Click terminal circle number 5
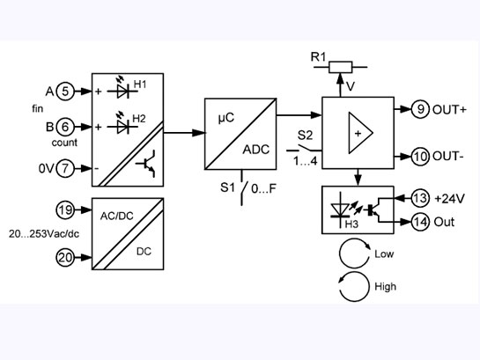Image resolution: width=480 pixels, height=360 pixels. [65, 91]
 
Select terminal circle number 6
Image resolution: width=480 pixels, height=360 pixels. [65, 127]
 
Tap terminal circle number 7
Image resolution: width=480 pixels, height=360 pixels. [65, 167]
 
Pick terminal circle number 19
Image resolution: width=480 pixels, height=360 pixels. [65, 211]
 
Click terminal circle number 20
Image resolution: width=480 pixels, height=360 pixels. [65, 257]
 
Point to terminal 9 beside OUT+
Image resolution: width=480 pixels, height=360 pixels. [422, 109]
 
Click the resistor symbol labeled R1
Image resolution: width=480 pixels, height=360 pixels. [339, 66]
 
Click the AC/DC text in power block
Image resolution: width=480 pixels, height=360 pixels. [117, 214]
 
